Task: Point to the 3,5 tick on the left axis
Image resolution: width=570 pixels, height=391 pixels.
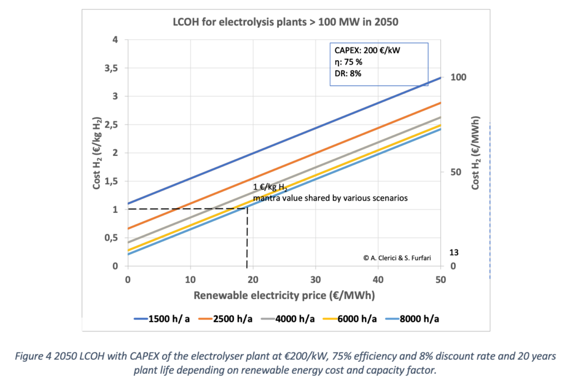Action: [x=113, y=68]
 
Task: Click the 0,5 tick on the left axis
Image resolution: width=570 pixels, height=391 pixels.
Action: [x=113, y=238]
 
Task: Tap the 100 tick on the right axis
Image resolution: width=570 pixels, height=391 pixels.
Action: [x=458, y=77]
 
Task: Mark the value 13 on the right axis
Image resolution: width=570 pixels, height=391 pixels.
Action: [x=454, y=252]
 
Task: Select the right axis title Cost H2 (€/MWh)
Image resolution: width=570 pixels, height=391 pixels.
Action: [x=476, y=153]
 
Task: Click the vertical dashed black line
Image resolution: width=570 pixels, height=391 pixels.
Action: [x=247, y=240]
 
